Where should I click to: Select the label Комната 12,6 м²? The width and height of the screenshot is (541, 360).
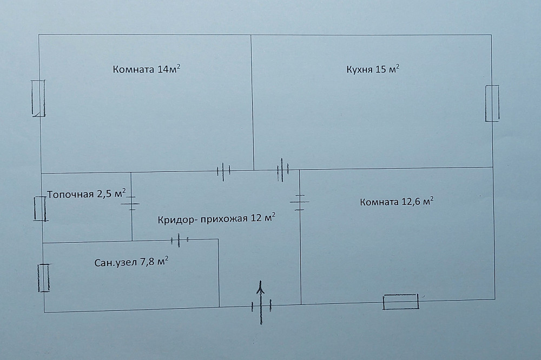(x=397, y=202)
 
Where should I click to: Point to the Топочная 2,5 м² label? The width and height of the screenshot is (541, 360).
(x=87, y=194)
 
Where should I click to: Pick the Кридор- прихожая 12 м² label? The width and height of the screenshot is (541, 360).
(x=216, y=218)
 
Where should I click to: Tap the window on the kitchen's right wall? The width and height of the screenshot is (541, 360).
(x=492, y=103)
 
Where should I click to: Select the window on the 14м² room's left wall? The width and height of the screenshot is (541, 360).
(x=38, y=98)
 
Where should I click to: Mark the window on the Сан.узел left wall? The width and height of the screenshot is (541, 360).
(x=43, y=278)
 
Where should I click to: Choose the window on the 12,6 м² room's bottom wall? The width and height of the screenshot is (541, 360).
(x=400, y=302)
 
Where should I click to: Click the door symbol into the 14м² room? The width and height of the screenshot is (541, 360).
(x=223, y=171)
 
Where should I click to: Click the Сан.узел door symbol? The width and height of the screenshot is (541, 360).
(x=179, y=240)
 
